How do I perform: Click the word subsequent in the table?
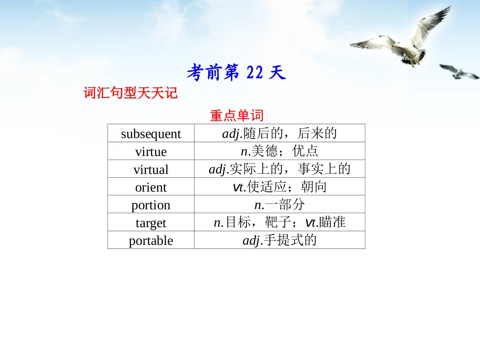pyautogui.click(x=151, y=134)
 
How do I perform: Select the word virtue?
pyautogui.click(x=151, y=151)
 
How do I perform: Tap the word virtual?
pyautogui.click(x=151, y=169)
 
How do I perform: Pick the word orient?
pyautogui.click(x=151, y=187)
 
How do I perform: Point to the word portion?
pyautogui.click(x=151, y=205)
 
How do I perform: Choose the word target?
pyautogui.click(x=151, y=223)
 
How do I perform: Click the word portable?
pyautogui.click(x=151, y=240)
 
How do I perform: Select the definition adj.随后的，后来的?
pyautogui.click(x=279, y=133)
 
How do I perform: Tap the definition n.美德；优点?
pyautogui.click(x=279, y=151)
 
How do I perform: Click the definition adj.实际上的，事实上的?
pyautogui.click(x=279, y=169)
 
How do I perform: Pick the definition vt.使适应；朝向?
pyautogui.click(x=279, y=187)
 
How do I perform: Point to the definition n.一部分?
pyautogui.click(x=279, y=204)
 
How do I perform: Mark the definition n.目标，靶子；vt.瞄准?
pyautogui.click(x=279, y=222)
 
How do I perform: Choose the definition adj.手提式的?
pyautogui.click(x=279, y=240)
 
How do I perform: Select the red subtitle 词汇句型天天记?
pyautogui.click(x=130, y=93)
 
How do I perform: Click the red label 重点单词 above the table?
pyautogui.click(x=236, y=116)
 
